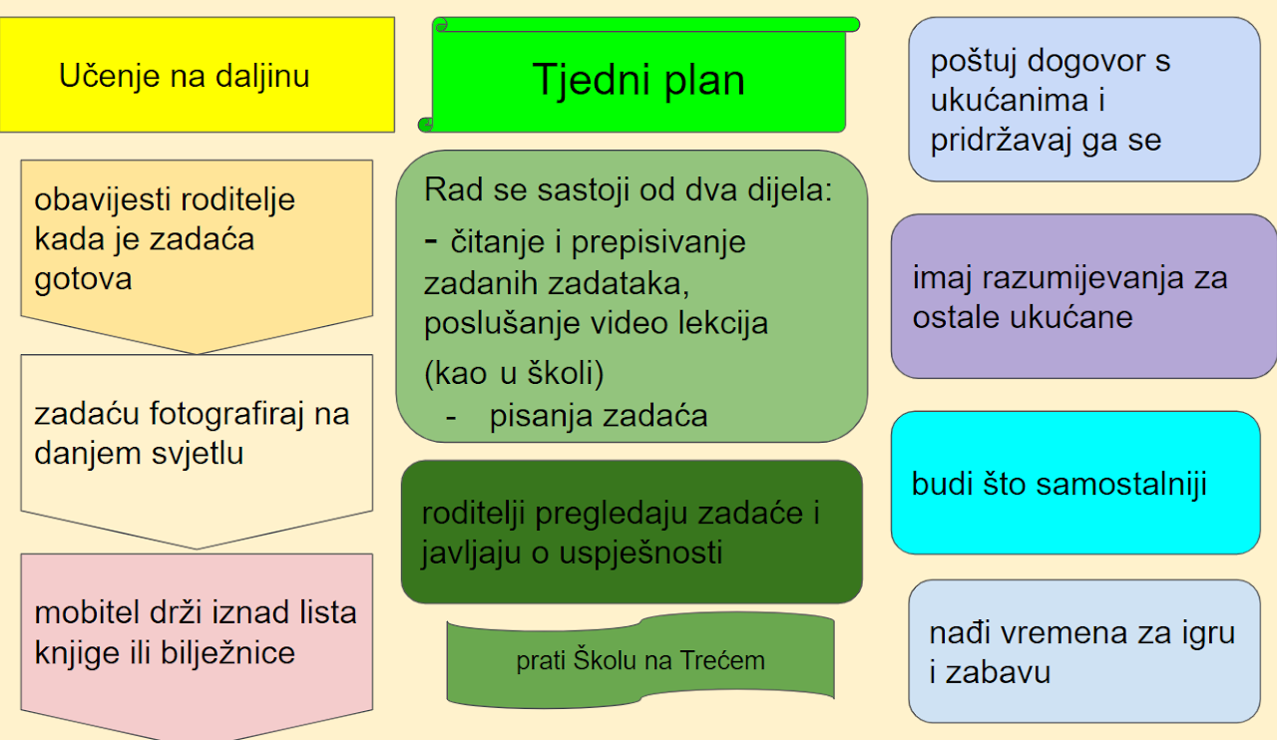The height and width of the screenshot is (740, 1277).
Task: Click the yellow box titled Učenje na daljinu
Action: click(x=198, y=75)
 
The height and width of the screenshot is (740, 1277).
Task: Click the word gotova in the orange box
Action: click(x=83, y=279)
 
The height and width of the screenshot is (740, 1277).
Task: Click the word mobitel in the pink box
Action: click(x=87, y=613)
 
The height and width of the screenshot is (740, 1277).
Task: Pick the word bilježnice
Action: click(x=227, y=653)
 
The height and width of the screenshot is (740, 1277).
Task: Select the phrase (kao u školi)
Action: click(x=514, y=374)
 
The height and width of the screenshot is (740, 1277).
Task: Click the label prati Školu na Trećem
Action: click(x=640, y=661)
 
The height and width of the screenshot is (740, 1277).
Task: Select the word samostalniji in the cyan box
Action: click(x=1121, y=485)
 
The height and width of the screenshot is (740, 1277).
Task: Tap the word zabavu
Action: click(x=998, y=673)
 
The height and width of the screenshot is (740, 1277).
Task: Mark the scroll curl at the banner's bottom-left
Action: click(x=425, y=124)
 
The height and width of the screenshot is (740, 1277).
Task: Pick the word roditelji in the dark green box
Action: click(x=473, y=513)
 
